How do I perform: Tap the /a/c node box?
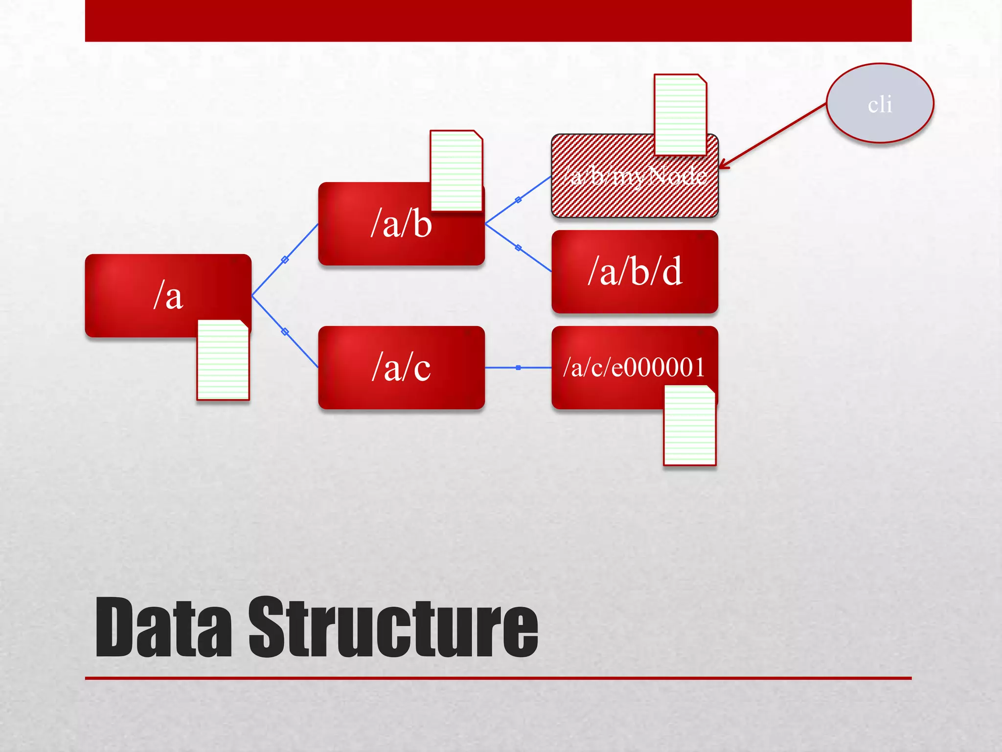pyautogui.click(x=401, y=367)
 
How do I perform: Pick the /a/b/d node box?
pyautogui.click(x=635, y=272)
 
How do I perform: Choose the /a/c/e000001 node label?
pyautogui.click(x=634, y=367)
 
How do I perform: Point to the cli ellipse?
pyautogui.click(x=880, y=103)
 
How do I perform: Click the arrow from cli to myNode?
pyautogui.click(x=773, y=136)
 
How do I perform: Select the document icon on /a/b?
pyautogui.click(x=456, y=171)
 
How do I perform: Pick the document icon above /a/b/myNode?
pyautogui.click(x=681, y=115)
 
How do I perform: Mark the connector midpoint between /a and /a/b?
pyautogui.click(x=285, y=260)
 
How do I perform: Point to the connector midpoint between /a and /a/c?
pyautogui.click(x=285, y=332)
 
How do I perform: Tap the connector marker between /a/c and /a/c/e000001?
pyautogui.click(x=518, y=367)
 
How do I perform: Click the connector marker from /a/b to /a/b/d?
pyautogui.click(x=518, y=248)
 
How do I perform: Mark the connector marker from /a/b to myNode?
pyautogui.click(x=518, y=200)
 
